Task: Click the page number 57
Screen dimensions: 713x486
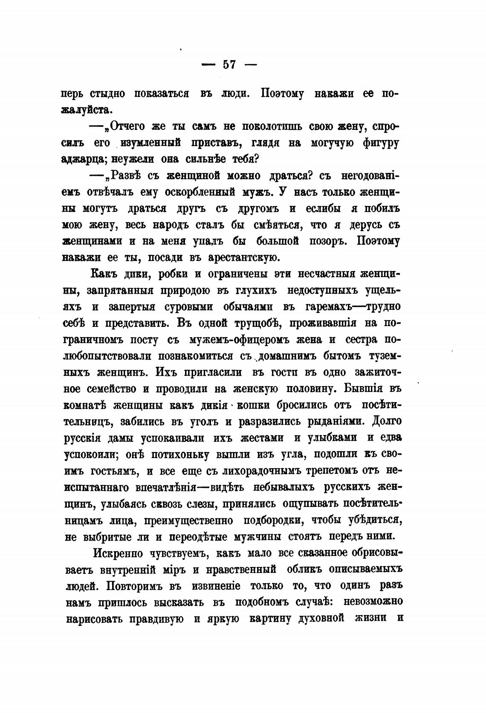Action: tap(229, 65)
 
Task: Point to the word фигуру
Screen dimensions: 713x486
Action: tap(375, 143)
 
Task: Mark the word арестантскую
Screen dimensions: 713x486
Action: tap(243, 258)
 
